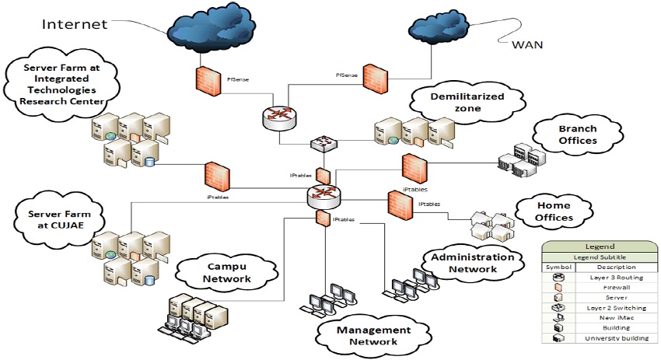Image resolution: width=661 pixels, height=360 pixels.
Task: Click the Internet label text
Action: (x=74, y=23)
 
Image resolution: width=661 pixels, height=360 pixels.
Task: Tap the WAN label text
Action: (x=526, y=44)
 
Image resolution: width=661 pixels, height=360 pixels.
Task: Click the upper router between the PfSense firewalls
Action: (x=278, y=118)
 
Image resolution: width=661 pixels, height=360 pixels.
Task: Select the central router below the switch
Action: (x=322, y=195)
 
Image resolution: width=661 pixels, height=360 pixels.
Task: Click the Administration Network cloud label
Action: (x=472, y=263)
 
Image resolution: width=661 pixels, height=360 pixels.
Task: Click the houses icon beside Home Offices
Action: (x=487, y=225)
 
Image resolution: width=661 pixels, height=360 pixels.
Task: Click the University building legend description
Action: (x=610, y=338)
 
